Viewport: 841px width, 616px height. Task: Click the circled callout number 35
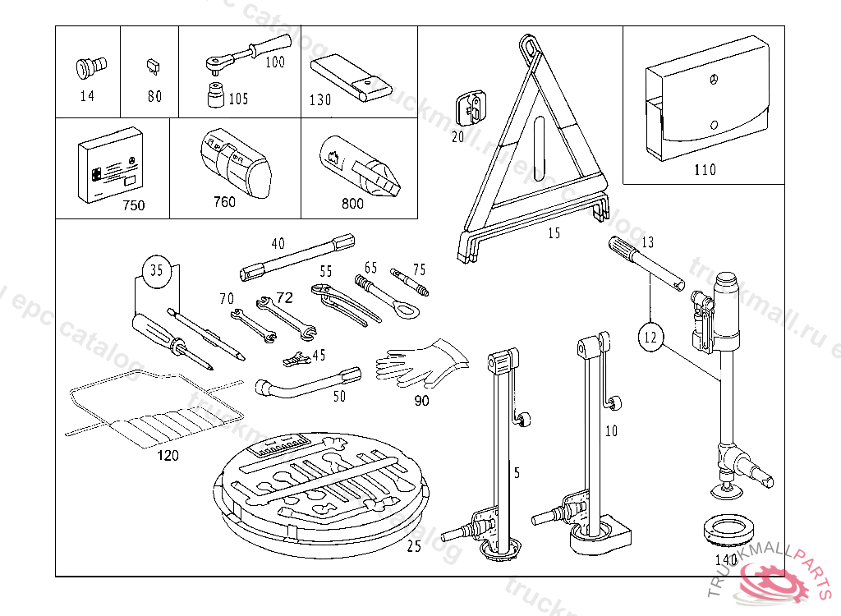[x=158, y=270]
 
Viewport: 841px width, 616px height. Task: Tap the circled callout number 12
[x=651, y=335]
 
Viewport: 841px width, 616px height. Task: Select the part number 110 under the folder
[x=705, y=170]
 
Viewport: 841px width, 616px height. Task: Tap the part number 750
[x=133, y=205]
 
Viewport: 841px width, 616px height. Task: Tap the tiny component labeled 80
[x=154, y=64]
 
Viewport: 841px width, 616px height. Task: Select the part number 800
[x=352, y=205]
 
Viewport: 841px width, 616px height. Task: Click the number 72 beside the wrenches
[x=284, y=298]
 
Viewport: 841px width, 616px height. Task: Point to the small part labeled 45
[x=296, y=358]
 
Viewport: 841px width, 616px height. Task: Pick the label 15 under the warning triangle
[x=554, y=233]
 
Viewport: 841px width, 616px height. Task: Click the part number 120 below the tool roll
[x=168, y=456]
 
